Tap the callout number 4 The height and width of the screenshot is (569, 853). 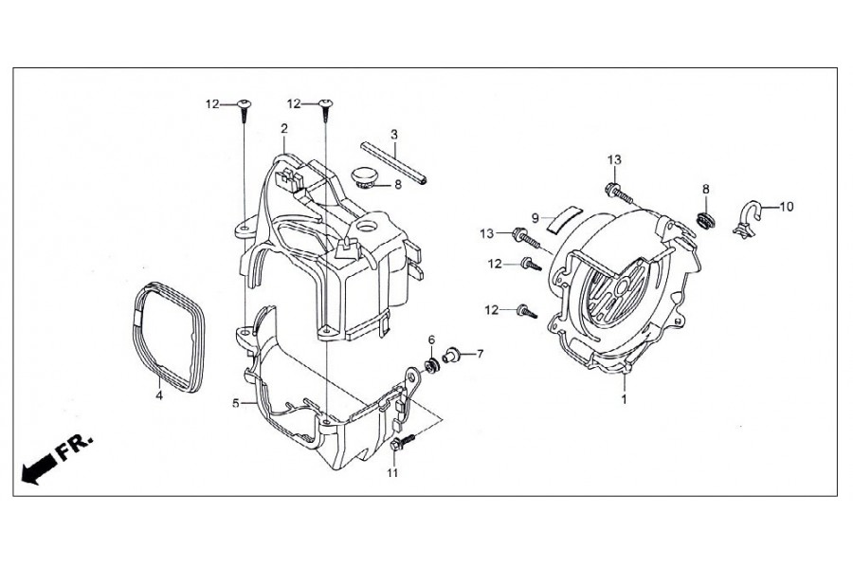(159, 395)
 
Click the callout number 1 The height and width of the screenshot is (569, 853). (625, 399)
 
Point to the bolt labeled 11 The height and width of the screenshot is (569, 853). (402, 441)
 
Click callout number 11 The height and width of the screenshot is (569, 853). (392, 473)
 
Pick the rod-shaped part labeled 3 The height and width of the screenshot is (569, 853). (393, 162)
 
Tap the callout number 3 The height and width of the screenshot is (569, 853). (394, 134)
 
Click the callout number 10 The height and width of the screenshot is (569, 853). (787, 207)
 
